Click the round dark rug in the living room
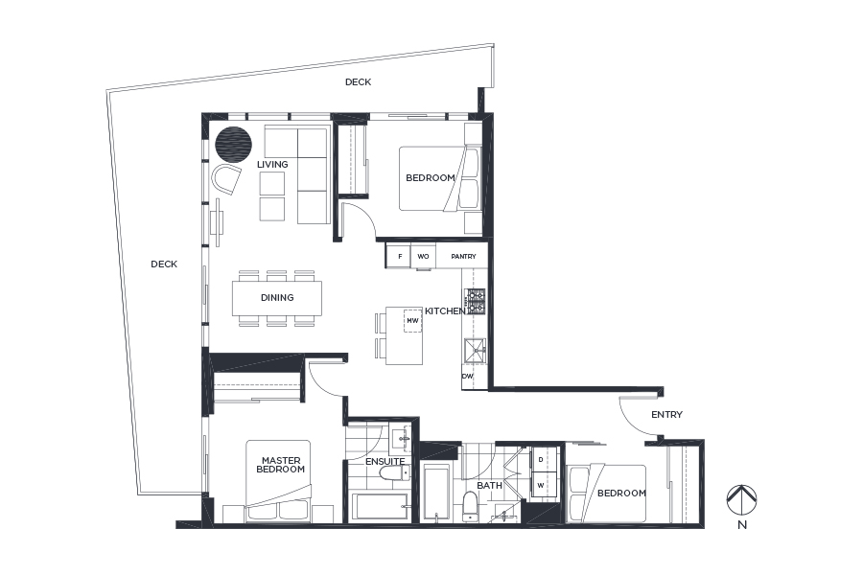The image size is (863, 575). tap(233, 144)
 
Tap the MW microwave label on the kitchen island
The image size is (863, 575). tap(412, 321)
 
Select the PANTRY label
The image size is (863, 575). tap(463, 257)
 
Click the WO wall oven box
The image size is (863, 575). tap(423, 257)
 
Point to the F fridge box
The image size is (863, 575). tap(400, 257)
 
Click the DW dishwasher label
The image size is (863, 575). tap(467, 377)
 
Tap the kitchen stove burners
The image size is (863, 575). tap(475, 302)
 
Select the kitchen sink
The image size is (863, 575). tap(475, 351)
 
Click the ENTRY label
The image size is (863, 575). tap(666, 414)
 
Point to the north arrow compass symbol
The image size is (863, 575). tap(742, 499)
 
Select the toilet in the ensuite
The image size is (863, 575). tap(393, 472)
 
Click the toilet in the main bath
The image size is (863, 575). tap(470, 506)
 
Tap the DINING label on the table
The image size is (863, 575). tap(277, 298)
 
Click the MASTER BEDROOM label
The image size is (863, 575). tap(281, 465)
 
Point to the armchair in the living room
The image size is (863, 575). tap(225, 179)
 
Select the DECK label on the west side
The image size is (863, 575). tap(164, 264)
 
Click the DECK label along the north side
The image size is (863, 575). tap(359, 82)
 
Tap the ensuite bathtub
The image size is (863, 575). tap(380, 506)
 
